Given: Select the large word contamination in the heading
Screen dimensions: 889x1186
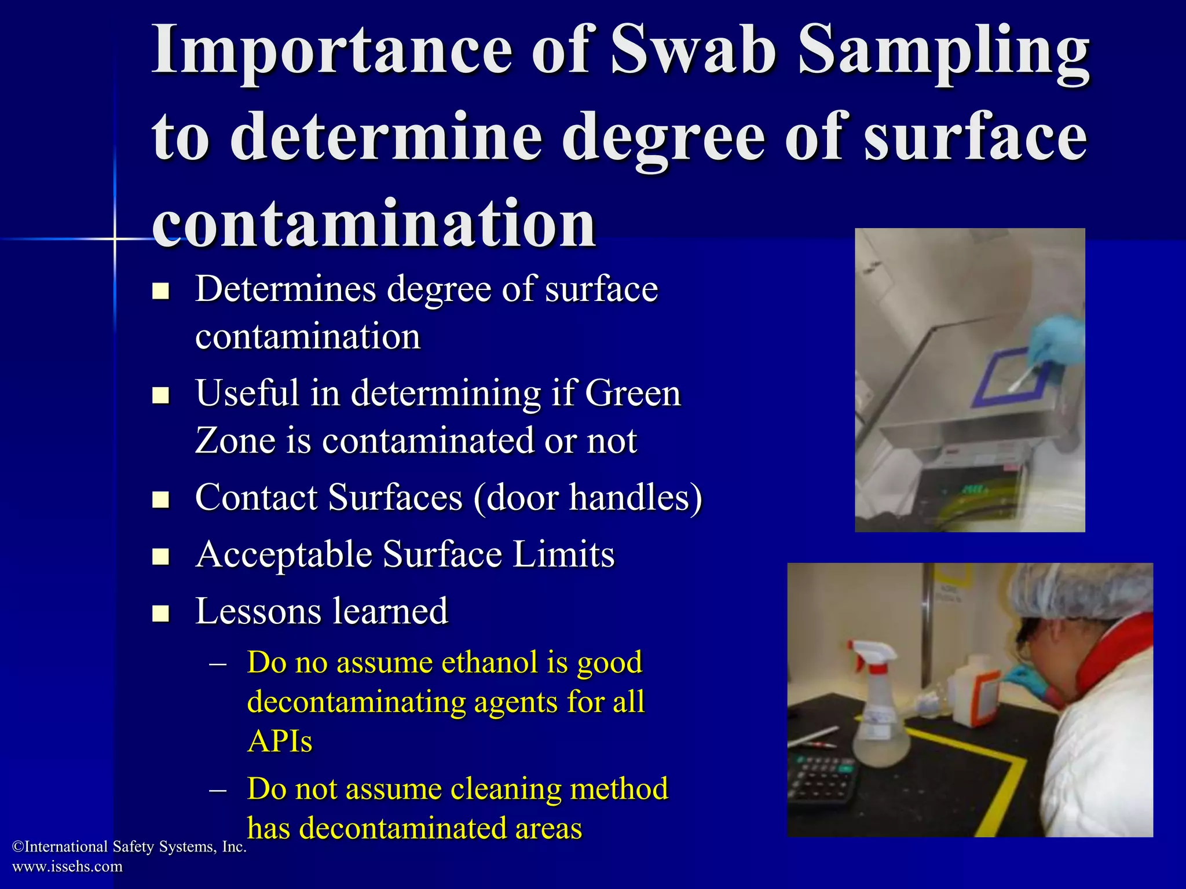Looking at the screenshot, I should click(374, 224).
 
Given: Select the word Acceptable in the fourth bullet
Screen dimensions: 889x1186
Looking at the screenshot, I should click(284, 554).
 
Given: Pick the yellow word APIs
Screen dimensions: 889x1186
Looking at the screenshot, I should click(280, 741).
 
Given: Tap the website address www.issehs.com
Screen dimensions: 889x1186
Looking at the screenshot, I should click(67, 866).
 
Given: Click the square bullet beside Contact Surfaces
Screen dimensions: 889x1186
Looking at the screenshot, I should click(160, 499).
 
